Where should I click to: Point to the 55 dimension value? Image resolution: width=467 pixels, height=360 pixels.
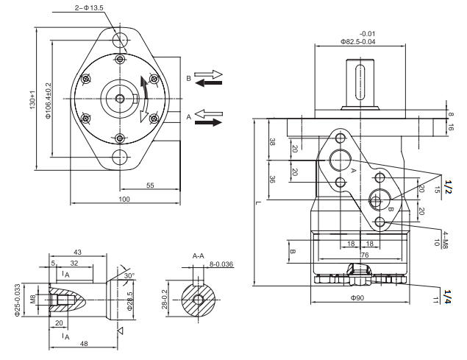(x=150, y=186)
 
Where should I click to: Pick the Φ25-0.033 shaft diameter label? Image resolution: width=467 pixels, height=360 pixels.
(x=17, y=301)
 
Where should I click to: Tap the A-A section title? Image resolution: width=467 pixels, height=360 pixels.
(x=198, y=255)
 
